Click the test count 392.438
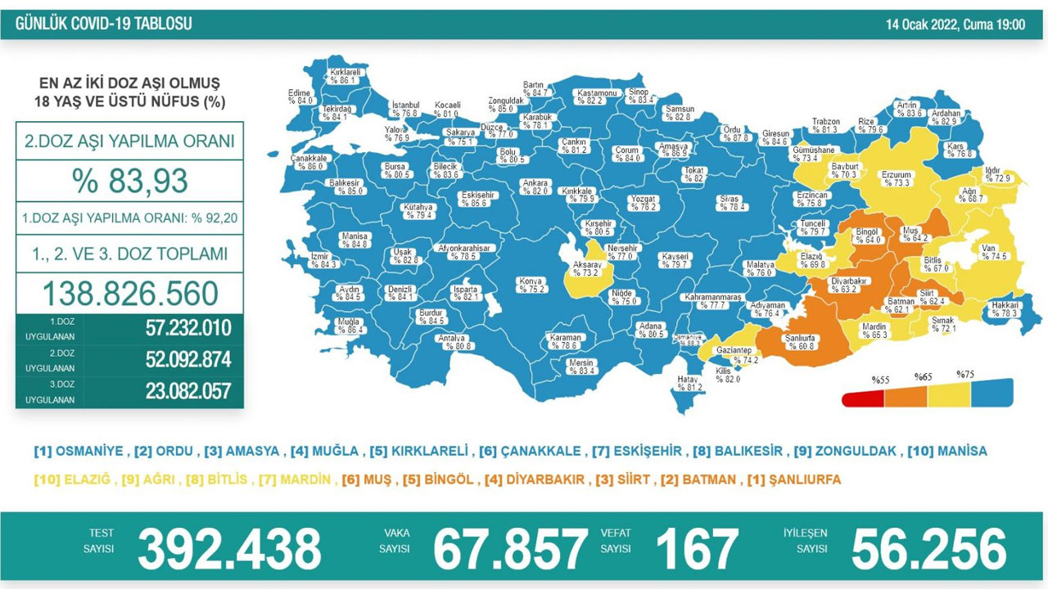click(x=229, y=548)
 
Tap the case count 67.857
click(x=510, y=548)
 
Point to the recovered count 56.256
click(x=928, y=548)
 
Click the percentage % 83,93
click(x=129, y=181)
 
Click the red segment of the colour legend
click(x=863, y=398)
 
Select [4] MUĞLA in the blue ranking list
click(x=325, y=451)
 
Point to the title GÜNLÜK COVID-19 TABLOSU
click(x=104, y=24)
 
